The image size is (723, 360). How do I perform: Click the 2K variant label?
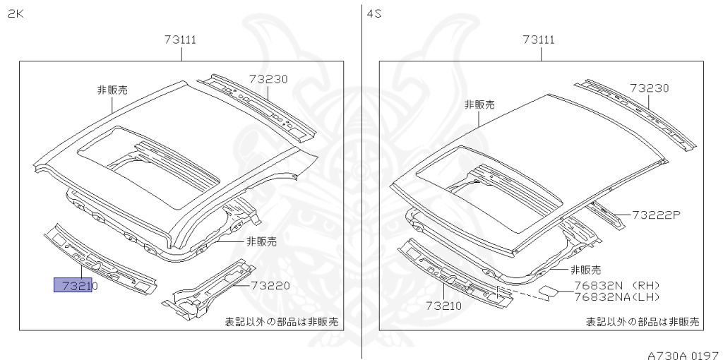click(16, 13)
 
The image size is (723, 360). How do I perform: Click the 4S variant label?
click(374, 13)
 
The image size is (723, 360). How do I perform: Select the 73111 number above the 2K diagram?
click(180, 40)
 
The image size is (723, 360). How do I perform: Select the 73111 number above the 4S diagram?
click(539, 40)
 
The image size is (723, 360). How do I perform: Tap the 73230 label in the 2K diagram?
click(268, 80)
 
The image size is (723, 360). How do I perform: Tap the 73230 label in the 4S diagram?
click(649, 88)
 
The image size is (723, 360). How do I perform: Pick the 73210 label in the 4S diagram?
click(443, 306)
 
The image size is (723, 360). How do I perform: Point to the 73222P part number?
click(655, 214)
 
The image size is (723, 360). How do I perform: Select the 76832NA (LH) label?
click(616, 296)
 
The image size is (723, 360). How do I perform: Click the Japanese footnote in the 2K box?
click(281, 322)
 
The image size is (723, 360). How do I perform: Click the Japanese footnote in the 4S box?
click(642, 322)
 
